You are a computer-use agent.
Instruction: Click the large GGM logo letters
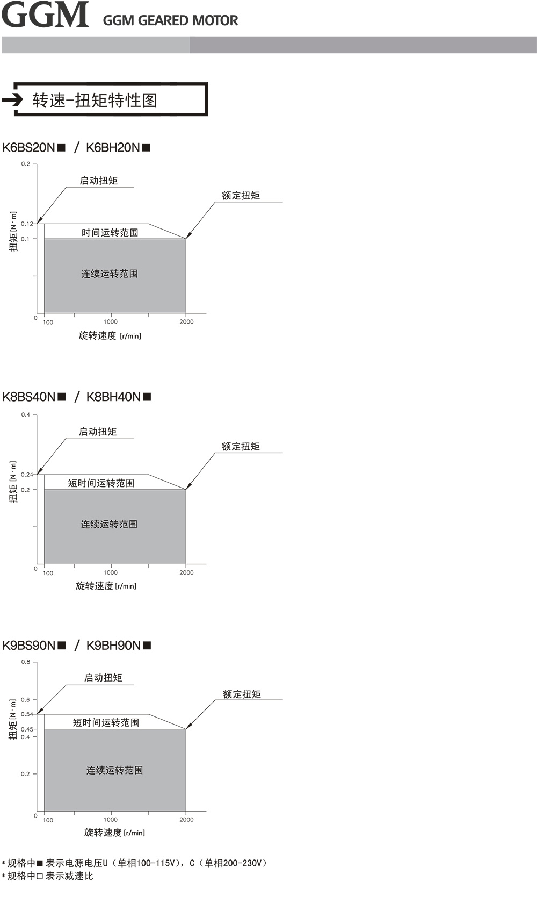pos(45,15)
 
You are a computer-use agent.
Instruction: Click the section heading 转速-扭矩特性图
pos(95,100)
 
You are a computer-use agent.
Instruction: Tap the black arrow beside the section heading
pos(12,99)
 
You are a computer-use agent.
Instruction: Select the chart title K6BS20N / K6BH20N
pos(76,147)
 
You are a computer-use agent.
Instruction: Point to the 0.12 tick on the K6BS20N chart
pos(27,224)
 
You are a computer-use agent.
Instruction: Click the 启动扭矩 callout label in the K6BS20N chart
pos(99,181)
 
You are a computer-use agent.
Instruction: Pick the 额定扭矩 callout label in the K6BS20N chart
pos(241,196)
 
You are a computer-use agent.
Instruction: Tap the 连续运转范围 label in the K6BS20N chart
pos(110,274)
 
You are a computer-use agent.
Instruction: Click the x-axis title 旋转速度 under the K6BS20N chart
pos(110,335)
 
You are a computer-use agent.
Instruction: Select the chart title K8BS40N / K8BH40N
pos(77,397)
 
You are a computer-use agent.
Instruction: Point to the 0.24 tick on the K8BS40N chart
pos(27,475)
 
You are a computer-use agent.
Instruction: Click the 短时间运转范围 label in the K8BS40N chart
pos(101,483)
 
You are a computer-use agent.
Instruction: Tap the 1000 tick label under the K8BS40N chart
pos(111,572)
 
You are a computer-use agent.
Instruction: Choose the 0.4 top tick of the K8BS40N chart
pos(25,415)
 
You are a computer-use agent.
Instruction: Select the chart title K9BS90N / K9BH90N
pos(77,646)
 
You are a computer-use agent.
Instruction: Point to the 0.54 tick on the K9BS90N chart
pos(27,714)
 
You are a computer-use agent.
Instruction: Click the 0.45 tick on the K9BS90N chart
pos(27,729)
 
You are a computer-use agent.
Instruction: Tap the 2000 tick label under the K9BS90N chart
pos(186,820)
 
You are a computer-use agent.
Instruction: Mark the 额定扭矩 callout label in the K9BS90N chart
pos(242,694)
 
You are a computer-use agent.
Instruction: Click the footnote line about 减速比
pos(47,876)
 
